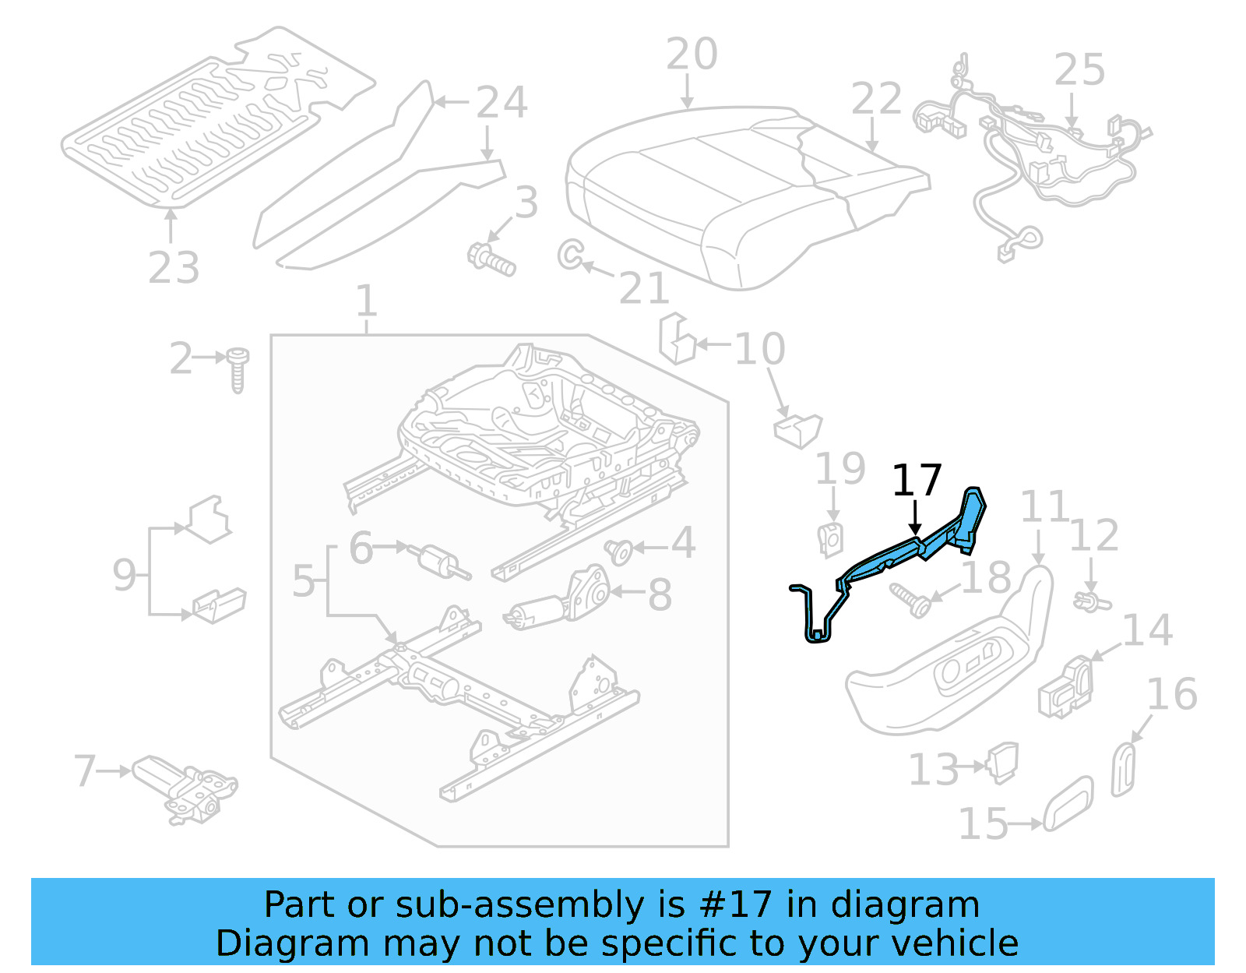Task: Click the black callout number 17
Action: tap(917, 481)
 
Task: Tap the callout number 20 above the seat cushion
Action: tap(692, 55)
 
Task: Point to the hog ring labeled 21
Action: tap(570, 254)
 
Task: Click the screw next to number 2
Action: tap(238, 369)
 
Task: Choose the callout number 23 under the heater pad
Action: tap(174, 268)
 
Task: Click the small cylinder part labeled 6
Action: tap(440, 561)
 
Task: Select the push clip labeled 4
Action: tap(619, 551)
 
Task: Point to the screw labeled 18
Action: tap(911, 600)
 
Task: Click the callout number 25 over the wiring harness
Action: tap(1079, 70)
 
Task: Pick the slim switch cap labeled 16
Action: tap(1124, 770)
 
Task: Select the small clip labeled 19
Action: tap(831, 538)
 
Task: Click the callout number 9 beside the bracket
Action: tap(124, 575)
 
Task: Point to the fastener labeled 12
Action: tap(1091, 601)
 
